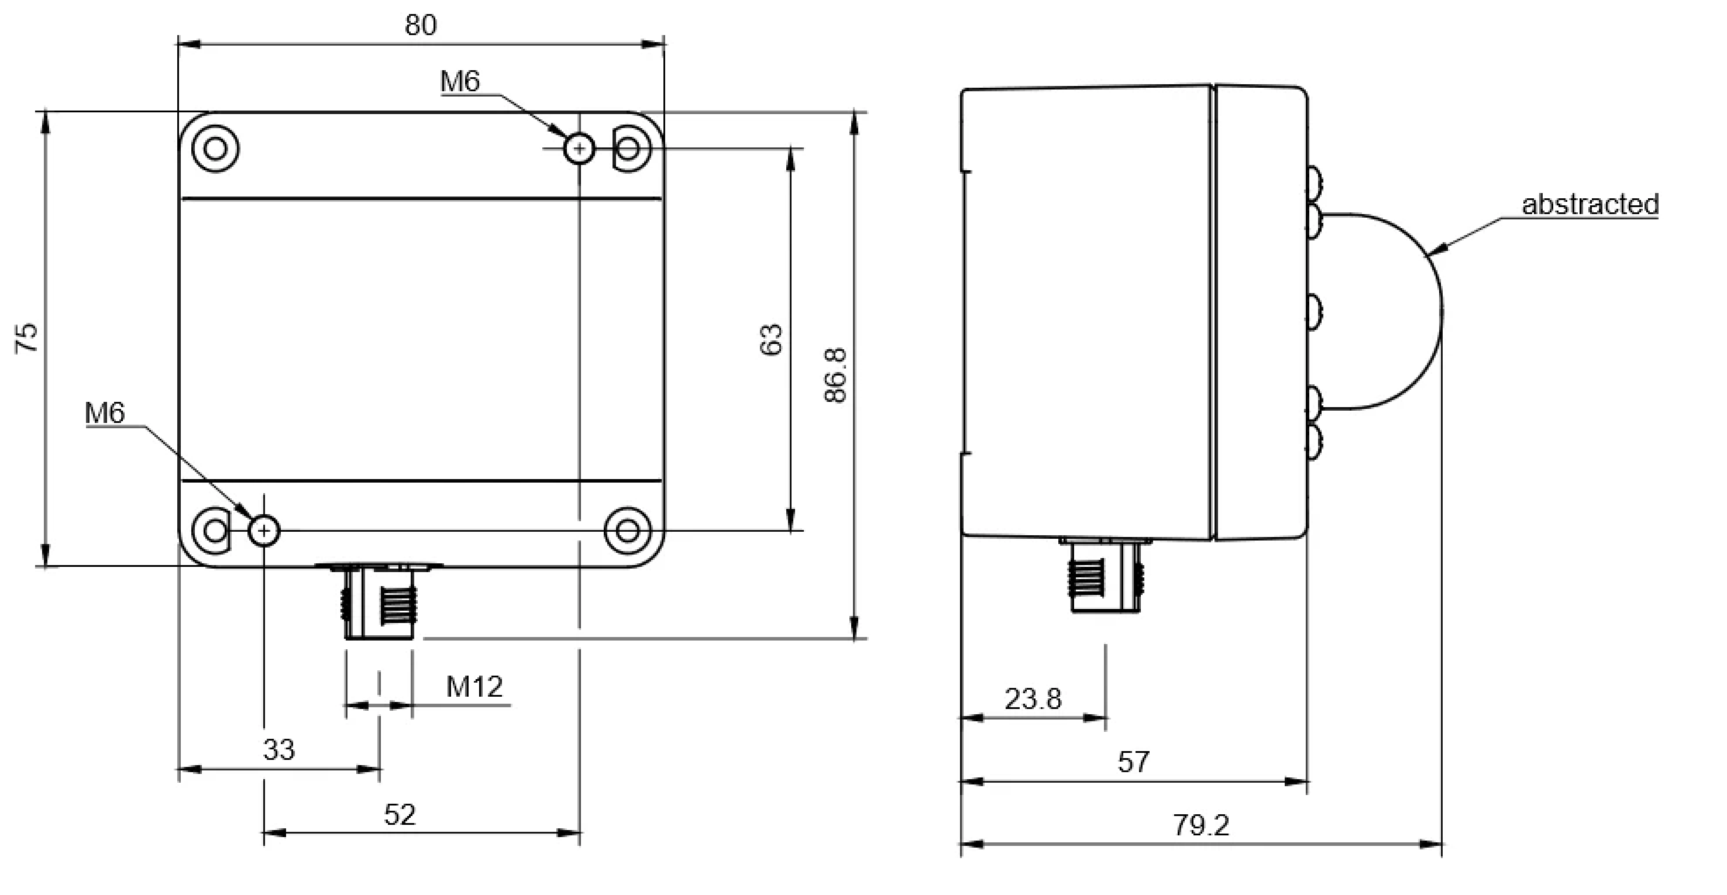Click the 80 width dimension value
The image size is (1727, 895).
coord(420,25)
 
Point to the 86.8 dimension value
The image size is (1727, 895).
coord(835,376)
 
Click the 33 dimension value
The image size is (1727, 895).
coord(278,749)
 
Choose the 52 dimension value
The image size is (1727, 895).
coord(400,815)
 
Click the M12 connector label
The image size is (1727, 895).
coord(474,687)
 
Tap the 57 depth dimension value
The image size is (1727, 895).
coord(1133,762)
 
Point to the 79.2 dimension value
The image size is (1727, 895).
coord(1200,825)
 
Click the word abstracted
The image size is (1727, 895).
coord(1590,204)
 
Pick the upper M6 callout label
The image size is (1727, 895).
coord(460,82)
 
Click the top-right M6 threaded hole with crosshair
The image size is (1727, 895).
coord(579,148)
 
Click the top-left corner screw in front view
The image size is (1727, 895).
coord(215,148)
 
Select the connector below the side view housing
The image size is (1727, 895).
coord(1104,576)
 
